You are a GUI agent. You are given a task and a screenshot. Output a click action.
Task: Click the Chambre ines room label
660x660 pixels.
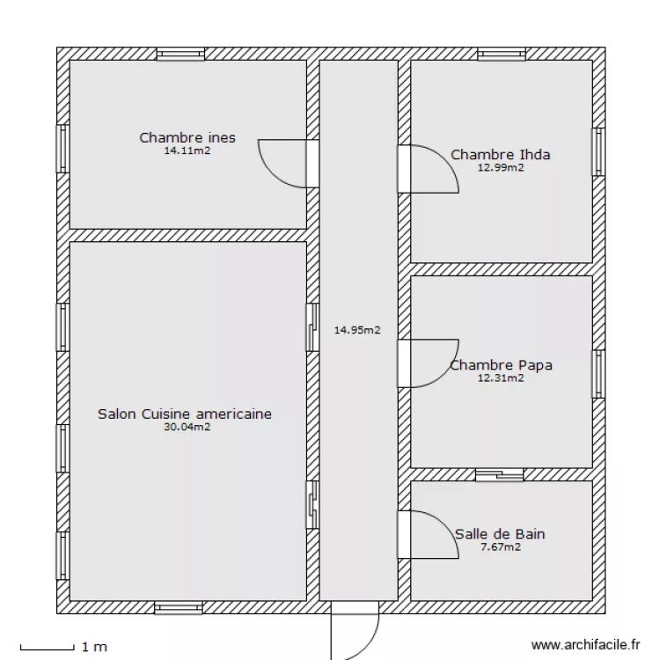click(187, 137)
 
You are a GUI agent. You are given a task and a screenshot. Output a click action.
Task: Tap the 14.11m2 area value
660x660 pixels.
click(187, 150)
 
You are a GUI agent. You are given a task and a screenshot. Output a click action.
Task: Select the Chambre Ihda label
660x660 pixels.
click(501, 155)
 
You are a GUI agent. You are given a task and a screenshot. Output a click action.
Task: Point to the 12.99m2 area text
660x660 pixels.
click(501, 167)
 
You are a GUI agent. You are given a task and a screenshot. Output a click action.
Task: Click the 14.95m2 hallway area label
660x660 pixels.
click(357, 330)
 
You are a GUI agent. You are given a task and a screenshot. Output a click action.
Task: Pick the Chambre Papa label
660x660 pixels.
click(501, 365)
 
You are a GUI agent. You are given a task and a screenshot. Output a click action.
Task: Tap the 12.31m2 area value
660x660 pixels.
click(501, 378)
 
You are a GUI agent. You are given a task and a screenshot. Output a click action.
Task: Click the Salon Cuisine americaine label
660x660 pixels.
click(185, 414)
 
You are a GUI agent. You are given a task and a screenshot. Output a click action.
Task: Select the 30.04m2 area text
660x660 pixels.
click(187, 427)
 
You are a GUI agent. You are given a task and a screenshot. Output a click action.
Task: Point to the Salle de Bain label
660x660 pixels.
click(500, 534)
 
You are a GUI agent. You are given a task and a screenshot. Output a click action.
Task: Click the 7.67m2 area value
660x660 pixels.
click(501, 546)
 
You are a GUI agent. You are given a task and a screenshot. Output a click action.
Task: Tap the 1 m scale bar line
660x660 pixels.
click(48, 649)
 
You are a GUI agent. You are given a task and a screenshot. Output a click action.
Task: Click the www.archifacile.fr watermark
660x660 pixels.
click(585, 644)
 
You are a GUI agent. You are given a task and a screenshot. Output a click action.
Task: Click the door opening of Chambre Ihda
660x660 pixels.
click(404, 169)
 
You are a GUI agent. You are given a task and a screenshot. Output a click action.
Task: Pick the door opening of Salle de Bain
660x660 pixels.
click(404, 534)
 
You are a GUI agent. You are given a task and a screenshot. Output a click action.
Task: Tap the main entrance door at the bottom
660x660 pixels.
click(355, 630)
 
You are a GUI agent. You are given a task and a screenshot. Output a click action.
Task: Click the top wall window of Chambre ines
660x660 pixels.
click(180, 54)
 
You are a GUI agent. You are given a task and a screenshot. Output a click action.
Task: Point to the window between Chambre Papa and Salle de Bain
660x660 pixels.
click(500, 475)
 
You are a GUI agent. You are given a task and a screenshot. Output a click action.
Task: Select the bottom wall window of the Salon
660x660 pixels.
click(179, 608)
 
